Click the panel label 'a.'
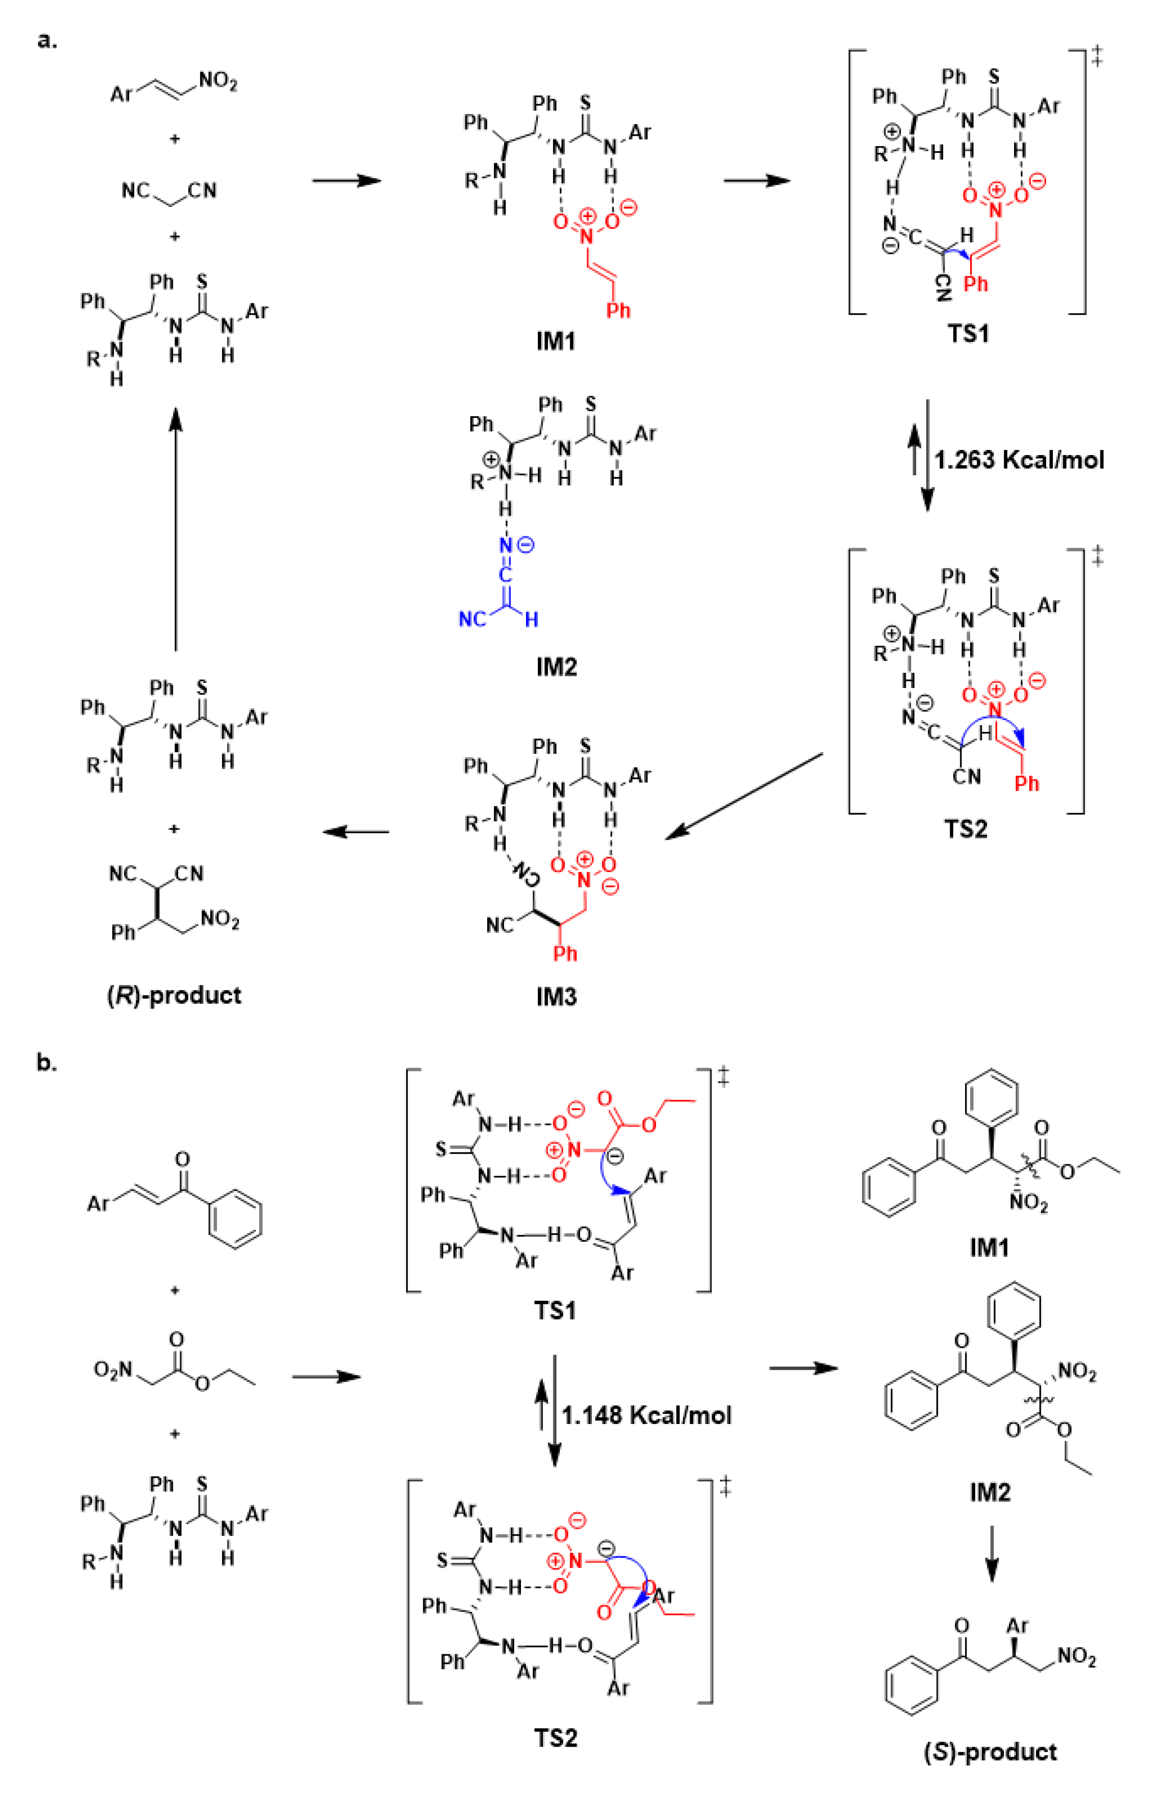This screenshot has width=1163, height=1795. (47, 40)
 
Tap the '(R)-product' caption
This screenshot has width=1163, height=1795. (174, 995)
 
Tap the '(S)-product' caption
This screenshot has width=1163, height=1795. (990, 1751)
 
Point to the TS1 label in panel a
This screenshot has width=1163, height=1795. (968, 333)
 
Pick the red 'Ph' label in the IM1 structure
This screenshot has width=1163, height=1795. (618, 310)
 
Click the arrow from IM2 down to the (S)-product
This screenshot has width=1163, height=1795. (991, 1554)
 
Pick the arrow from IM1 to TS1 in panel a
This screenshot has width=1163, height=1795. (756, 180)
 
